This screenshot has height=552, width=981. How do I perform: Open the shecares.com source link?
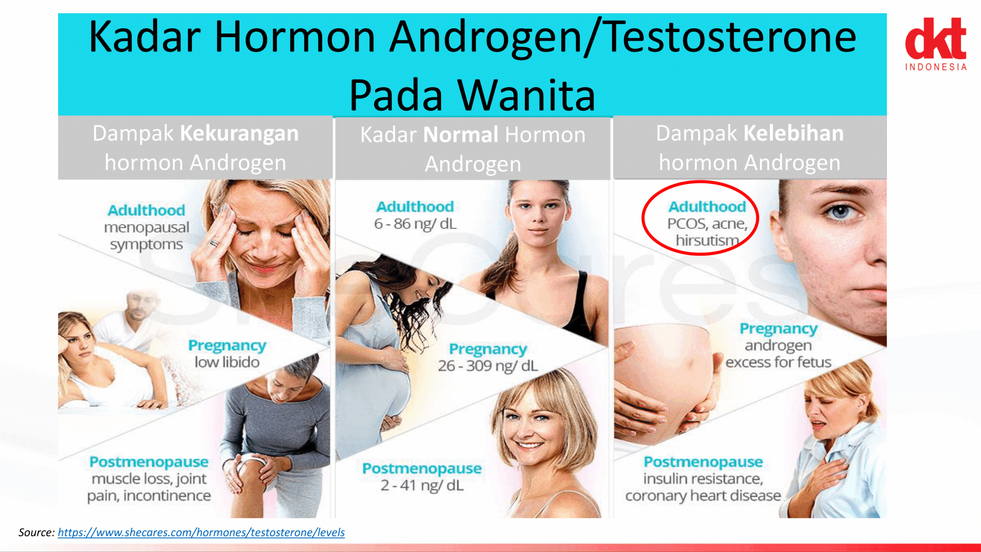201,532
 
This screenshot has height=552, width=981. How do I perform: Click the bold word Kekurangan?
239,133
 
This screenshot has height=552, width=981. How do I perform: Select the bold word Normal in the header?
461,135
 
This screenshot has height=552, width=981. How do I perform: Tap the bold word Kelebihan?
794,133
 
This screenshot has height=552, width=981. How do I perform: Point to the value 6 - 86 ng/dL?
415,224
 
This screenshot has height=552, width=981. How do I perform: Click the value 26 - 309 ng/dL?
488,366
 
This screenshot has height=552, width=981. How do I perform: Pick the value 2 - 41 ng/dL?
422,485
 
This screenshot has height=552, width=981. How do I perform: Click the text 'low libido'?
227,362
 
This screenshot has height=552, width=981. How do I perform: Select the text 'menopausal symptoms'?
147,236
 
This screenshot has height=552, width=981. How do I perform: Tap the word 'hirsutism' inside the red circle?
707,240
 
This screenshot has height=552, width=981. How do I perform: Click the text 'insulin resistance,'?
703,479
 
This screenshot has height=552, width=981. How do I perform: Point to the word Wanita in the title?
527,95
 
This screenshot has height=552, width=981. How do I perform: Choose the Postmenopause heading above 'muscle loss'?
149,462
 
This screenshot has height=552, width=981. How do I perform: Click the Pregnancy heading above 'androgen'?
778,329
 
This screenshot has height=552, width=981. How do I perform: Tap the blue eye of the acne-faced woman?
840,211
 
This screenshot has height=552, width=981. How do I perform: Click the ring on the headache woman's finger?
214,243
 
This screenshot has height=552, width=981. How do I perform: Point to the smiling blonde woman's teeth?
530,445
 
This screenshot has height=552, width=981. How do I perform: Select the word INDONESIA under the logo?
936,67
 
